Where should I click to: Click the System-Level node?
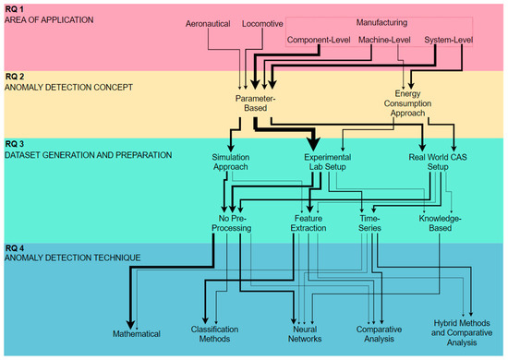coord(450,41)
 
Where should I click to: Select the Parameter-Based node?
coord(255,102)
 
